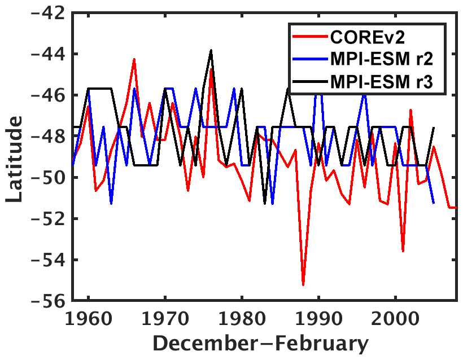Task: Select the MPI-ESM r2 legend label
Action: coord(386,61)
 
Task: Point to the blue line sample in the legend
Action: coord(309,61)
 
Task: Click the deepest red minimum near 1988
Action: coord(303,285)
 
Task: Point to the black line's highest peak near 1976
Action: coord(211,50)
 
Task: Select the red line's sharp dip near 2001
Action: coord(403,251)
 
